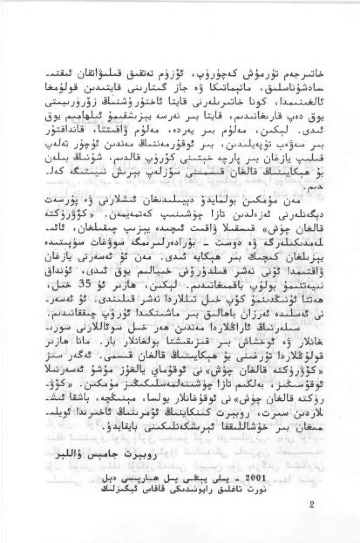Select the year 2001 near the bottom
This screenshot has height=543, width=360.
coord(258,479)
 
